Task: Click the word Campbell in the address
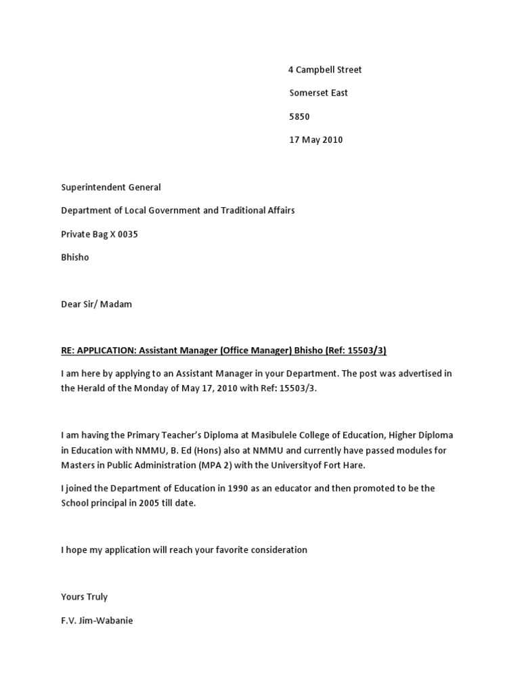point(314,70)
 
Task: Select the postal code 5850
point(299,116)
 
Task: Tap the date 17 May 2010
point(316,140)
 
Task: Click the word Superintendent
point(92,187)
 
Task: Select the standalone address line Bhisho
point(75,257)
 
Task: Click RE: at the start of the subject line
point(68,350)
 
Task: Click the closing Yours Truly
point(84,597)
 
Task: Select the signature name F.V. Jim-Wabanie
point(97,620)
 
